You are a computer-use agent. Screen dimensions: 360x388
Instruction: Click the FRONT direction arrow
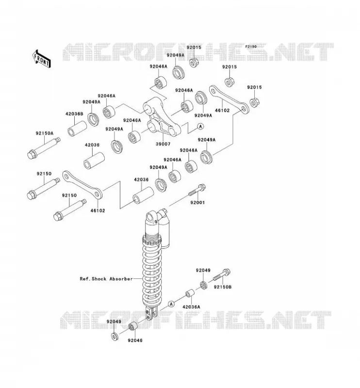(x=41, y=59)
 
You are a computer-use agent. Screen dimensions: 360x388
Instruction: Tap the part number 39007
(x=163, y=144)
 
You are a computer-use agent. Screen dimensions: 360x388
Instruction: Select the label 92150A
(x=44, y=133)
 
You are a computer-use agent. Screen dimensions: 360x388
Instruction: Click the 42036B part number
(x=74, y=114)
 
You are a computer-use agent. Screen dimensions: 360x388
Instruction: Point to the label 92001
(x=197, y=203)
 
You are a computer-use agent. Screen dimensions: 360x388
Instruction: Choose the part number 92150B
(x=223, y=287)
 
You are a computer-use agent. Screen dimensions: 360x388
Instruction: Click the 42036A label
(x=191, y=307)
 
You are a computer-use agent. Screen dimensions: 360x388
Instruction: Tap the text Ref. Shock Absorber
(x=106, y=279)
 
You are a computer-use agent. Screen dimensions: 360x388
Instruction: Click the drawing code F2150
(x=251, y=47)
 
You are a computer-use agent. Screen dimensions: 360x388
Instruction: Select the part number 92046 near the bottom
(x=135, y=340)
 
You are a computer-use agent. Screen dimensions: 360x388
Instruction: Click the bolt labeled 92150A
(x=44, y=148)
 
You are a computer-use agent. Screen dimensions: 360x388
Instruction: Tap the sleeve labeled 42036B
(x=77, y=128)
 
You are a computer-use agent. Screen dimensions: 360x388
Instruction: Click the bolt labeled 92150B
(x=222, y=275)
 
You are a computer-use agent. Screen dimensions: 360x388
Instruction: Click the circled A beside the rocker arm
(x=200, y=127)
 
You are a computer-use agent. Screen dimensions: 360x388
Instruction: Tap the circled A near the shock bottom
(x=171, y=304)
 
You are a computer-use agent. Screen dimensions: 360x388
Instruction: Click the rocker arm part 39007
(x=162, y=118)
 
